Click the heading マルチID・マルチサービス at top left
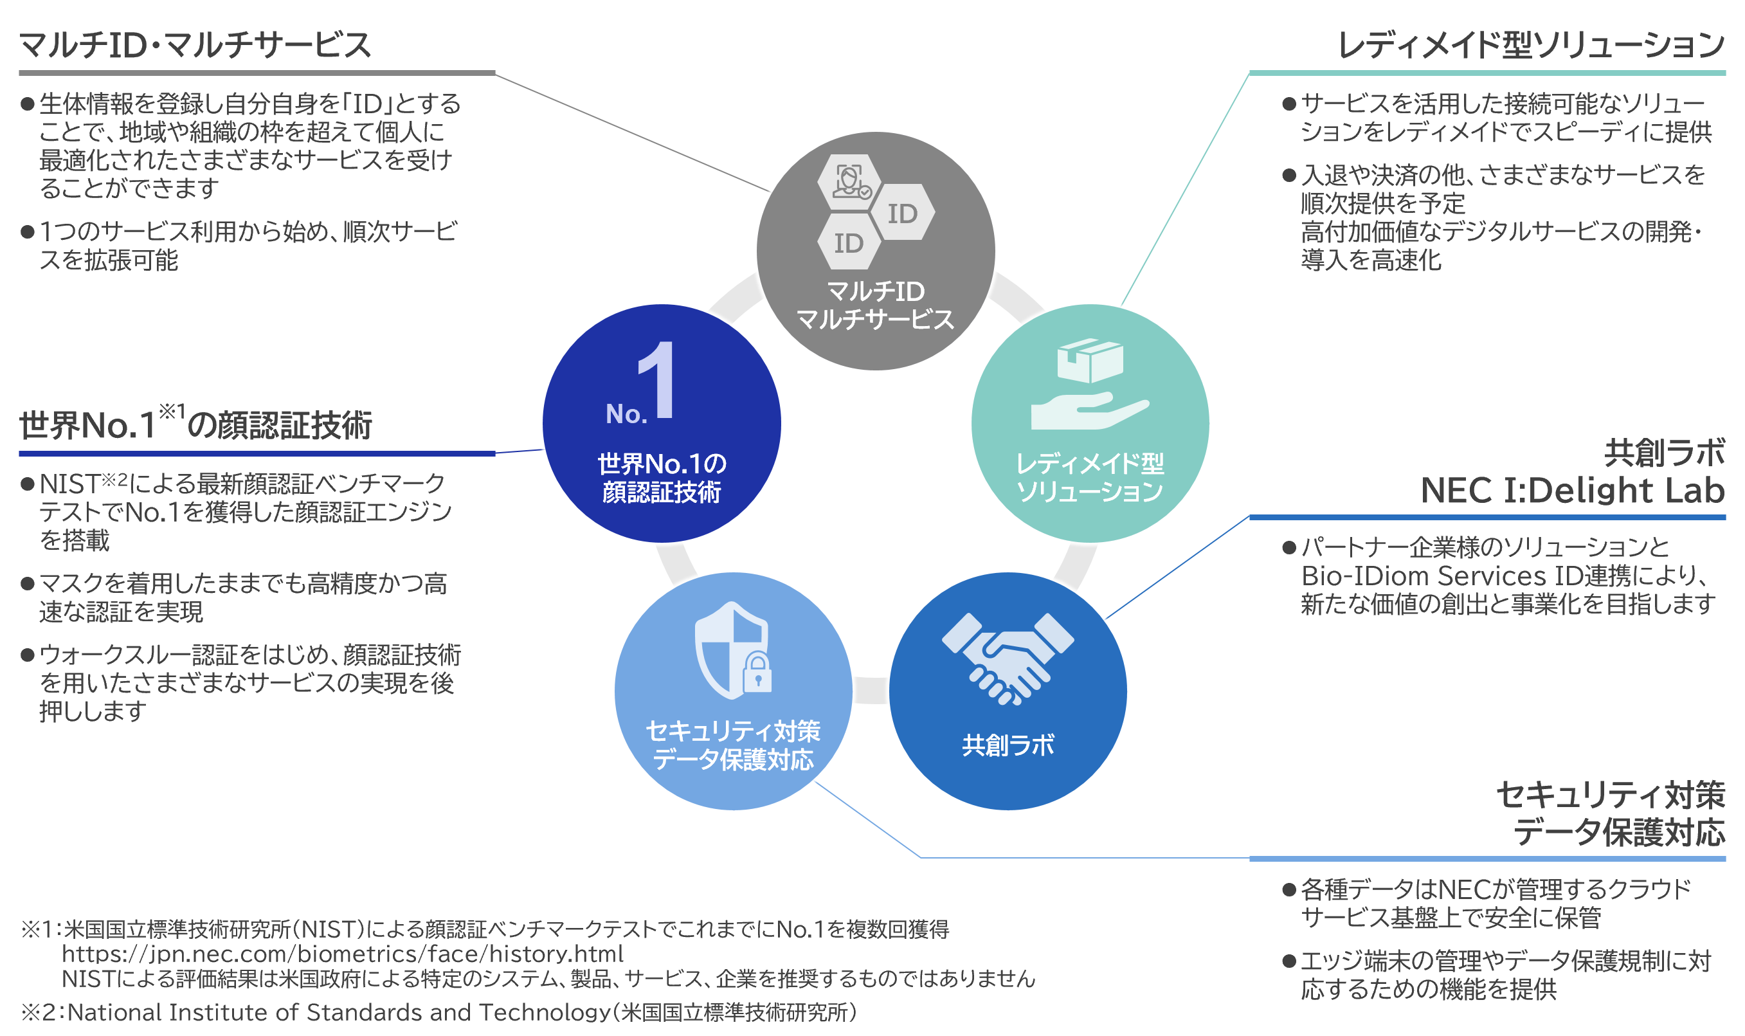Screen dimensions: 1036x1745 (x=195, y=46)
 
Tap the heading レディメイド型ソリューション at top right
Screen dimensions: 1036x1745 (x=1528, y=46)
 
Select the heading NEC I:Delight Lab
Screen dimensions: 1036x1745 (x=1571, y=491)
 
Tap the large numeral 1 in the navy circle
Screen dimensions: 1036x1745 (x=658, y=381)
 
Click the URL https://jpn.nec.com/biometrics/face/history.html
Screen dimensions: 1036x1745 (x=342, y=954)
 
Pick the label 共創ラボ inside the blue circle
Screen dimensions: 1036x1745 (x=1008, y=745)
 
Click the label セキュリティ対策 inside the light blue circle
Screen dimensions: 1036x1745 (x=733, y=731)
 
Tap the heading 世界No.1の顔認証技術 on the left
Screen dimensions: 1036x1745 (x=195, y=425)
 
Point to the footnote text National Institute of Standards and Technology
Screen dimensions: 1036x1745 (x=339, y=1012)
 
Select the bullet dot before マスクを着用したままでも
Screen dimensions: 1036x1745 (x=28, y=584)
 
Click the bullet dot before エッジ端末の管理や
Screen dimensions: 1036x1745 (x=1289, y=962)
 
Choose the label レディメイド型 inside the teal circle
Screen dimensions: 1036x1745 (x=1090, y=464)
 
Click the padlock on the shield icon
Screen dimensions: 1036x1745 (x=757, y=673)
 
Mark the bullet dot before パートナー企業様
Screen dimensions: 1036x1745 (x=1289, y=548)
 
